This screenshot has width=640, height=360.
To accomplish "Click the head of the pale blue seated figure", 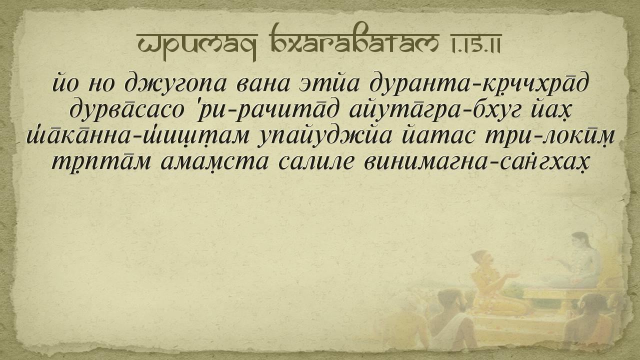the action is point(579,241).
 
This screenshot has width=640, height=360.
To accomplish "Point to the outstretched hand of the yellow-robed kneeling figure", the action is point(513,275).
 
